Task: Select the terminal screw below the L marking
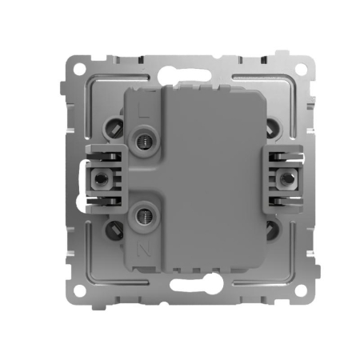145,141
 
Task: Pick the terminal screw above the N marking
145,214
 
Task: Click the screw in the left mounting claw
101,177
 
